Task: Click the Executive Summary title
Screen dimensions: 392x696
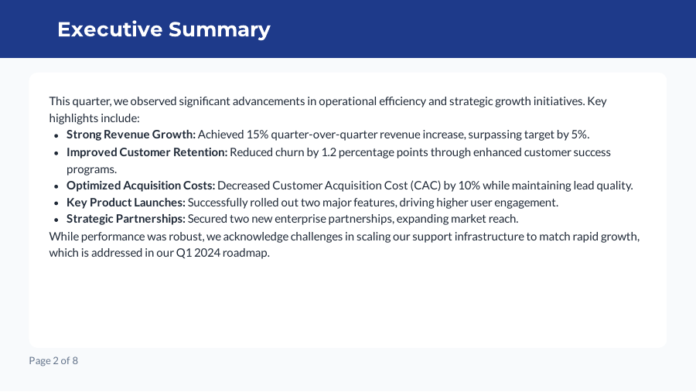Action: [164, 29]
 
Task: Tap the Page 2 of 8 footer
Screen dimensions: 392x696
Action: [53, 360]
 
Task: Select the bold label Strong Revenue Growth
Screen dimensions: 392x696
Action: [131, 135]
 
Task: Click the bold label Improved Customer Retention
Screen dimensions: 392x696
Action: [147, 152]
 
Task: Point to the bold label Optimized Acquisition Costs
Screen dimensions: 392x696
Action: [141, 186]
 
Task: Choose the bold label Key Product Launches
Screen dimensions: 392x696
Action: [126, 203]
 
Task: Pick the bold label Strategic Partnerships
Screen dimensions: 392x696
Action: [126, 219]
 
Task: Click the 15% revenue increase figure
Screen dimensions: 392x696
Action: [257, 135]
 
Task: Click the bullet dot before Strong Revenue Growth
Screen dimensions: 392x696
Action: [56, 135]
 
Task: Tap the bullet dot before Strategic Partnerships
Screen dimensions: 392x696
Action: [56, 220]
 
